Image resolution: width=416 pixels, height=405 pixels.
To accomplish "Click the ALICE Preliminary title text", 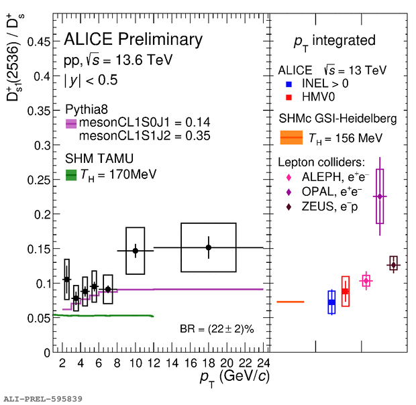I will [x=133, y=40].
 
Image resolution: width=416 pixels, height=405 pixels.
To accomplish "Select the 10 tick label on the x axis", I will [x=136, y=363].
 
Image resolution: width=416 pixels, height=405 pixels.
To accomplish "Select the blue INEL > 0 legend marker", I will [x=288, y=85].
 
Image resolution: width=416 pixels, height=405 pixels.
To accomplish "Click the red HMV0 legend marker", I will [x=288, y=98].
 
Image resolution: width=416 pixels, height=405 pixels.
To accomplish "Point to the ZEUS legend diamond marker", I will [x=289, y=207].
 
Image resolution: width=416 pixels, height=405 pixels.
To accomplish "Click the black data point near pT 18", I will [x=209, y=247].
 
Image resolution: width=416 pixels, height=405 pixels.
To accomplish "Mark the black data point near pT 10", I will [x=136, y=251].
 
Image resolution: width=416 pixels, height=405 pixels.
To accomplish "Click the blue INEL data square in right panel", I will [x=331, y=302].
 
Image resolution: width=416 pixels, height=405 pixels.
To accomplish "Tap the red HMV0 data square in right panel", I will [x=345, y=291].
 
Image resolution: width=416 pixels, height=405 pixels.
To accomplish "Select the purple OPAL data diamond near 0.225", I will [x=380, y=196].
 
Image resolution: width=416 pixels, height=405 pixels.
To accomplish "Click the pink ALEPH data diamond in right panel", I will [x=366, y=281].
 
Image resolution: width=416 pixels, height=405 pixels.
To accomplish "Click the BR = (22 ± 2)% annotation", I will [x=225, y=329].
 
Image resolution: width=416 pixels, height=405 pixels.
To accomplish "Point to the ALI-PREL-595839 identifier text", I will [x=43, y=399].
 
